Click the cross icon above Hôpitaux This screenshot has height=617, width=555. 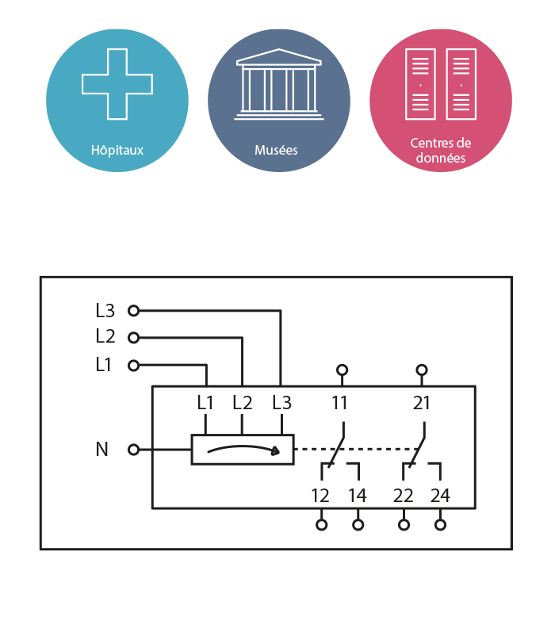pos(117,84)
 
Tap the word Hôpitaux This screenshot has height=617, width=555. pos(117,149)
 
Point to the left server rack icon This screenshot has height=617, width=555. pos(420,84)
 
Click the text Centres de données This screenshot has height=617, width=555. pos(440,151)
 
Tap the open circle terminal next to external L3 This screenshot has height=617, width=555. pos(133,311)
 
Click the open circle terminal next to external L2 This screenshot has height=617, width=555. pos(133,337)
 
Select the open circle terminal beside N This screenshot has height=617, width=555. pos(133,450)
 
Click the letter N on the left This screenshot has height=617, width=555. pos(101,450)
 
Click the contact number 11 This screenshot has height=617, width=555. pos(339,403)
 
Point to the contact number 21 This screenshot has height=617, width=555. pos(422,403)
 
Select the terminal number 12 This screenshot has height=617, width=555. pos(320,496)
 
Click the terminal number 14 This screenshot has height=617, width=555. pos(358,496)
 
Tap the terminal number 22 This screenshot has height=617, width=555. pos(404,496)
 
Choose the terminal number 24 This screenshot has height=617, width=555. pos(440,496)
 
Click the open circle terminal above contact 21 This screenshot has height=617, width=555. pos(422,370)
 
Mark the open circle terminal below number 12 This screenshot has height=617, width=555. pos(321,524)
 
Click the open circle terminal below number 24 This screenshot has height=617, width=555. pos(440,524)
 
